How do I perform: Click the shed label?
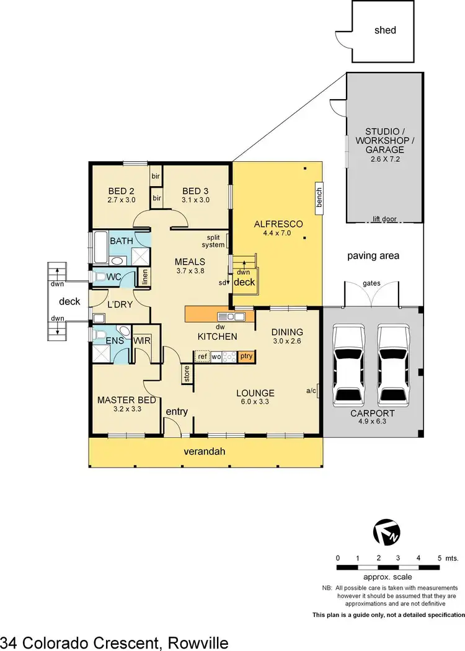coord(384,30)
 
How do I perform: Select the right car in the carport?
coord(394,364)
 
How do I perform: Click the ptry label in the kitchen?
coord(246,356)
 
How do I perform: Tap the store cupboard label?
coord(185,374)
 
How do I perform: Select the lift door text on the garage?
coord(384,219)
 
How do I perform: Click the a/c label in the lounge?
coord(311,391)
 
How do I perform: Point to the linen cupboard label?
coord(144,277)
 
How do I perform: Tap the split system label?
coord(213,241)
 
